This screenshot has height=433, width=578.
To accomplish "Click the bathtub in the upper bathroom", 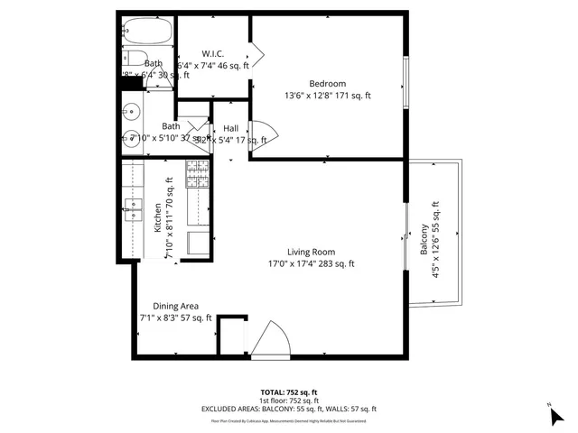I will (146, 32).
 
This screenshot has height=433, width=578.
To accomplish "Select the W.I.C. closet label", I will (213, 53).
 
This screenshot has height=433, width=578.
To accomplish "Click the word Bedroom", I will (327, 84).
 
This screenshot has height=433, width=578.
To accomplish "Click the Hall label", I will (231, 129).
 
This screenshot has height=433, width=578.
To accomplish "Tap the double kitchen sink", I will (134, 208).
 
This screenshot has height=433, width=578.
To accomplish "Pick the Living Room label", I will (311, 252).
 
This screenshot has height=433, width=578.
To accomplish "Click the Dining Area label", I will (175, 306).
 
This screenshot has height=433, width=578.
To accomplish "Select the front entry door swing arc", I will (271, 341).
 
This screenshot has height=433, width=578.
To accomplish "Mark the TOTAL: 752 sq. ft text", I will (288, 392).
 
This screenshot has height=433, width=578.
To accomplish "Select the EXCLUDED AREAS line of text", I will (288, 410).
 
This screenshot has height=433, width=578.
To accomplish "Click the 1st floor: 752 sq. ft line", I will (288, 401).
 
